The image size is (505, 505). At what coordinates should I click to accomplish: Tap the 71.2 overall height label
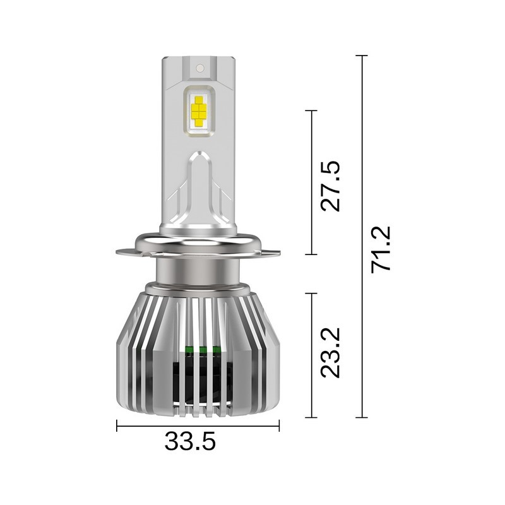[x=382, y=249]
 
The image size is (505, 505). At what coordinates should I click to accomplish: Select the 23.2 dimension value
[x=331, y=352]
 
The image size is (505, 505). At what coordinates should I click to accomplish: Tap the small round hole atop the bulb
[x=198, y=66]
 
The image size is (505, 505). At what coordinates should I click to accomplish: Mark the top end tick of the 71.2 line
[x=362, y=56]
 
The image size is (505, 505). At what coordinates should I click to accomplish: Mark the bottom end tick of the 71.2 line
[x=362, y=417]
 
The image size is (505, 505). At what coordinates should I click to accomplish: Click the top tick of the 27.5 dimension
[x=311, y=110]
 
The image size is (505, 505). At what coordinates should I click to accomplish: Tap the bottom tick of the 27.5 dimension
[x=311, y=254]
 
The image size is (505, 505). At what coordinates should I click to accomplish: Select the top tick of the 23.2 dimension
[x=311, y=293]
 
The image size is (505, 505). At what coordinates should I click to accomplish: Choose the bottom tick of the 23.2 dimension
[x=311, y=417]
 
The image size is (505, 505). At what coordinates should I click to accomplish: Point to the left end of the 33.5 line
[x=117, y=427]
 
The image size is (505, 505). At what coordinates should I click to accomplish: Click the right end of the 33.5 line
[x=279, y=427]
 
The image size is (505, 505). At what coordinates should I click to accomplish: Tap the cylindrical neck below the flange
[x=198, y=271]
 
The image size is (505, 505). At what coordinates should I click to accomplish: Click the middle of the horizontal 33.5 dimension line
[x=198, y=427]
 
